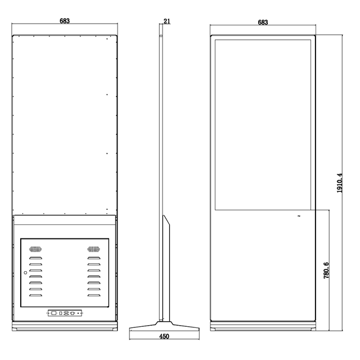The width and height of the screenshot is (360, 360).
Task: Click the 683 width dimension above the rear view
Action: pos(65,21)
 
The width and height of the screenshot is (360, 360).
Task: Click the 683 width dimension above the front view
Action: pos(263,22)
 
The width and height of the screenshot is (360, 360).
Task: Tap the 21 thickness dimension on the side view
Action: pos(167,21)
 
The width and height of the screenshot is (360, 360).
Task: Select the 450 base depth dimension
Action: pos(164,336)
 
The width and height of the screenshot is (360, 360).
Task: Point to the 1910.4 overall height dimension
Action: pos(340,183)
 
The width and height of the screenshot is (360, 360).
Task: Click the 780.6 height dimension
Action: pos(326,271)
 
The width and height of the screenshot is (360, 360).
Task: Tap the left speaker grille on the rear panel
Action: pos(35,249)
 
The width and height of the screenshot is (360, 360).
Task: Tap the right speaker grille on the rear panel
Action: pos(94,249)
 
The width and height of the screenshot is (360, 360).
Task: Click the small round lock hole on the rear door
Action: pos(25,272)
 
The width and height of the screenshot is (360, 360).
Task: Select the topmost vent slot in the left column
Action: pos(35,258)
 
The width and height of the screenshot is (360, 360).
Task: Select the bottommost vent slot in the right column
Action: pos(94,295)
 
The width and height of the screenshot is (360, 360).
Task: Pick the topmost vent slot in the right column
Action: pos(94,258)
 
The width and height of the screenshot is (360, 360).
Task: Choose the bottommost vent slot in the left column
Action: pos(35,295)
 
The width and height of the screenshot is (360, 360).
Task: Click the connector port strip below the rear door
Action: pos(65,313)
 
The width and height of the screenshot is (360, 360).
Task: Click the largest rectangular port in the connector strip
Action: pos(54,313)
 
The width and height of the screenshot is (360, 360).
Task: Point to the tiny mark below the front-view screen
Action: pos(299,216)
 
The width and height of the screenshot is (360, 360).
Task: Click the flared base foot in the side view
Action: pos(164,326)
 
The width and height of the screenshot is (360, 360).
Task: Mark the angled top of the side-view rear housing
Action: pos(166,220)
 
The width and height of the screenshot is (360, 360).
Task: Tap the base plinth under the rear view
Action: pos(65,326)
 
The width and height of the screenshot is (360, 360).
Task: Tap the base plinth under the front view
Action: pos(263,326)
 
